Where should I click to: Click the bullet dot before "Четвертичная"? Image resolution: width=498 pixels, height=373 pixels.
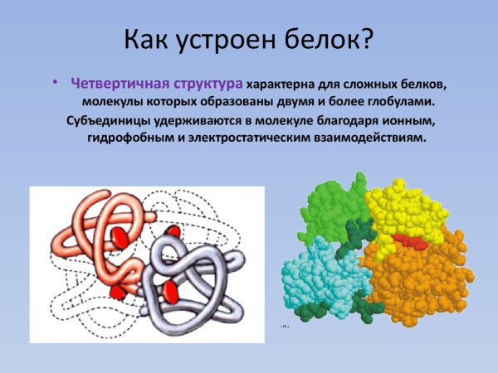pyautogui.click(x=55, y=83)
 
